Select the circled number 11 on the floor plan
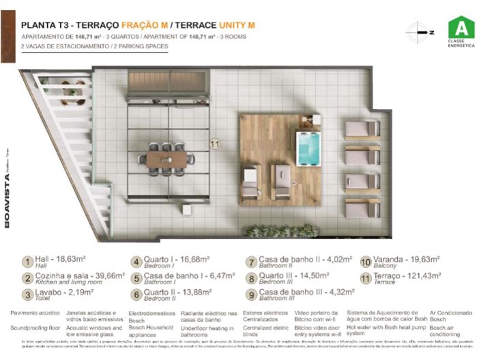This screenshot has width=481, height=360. pyautogui.click(x=215, y=144)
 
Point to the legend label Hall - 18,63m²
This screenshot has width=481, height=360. pyautogui.click(x=64, y=260)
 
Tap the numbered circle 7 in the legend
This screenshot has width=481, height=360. pyautogui.click(x=251, y=262)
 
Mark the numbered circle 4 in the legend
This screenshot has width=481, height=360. pyautogui.click(x=137, y=262)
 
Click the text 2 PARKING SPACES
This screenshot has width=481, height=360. pyautogui.click(x=139, y=46)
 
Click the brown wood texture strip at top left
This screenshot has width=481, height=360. pyautogui.click(x=8, y=31)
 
